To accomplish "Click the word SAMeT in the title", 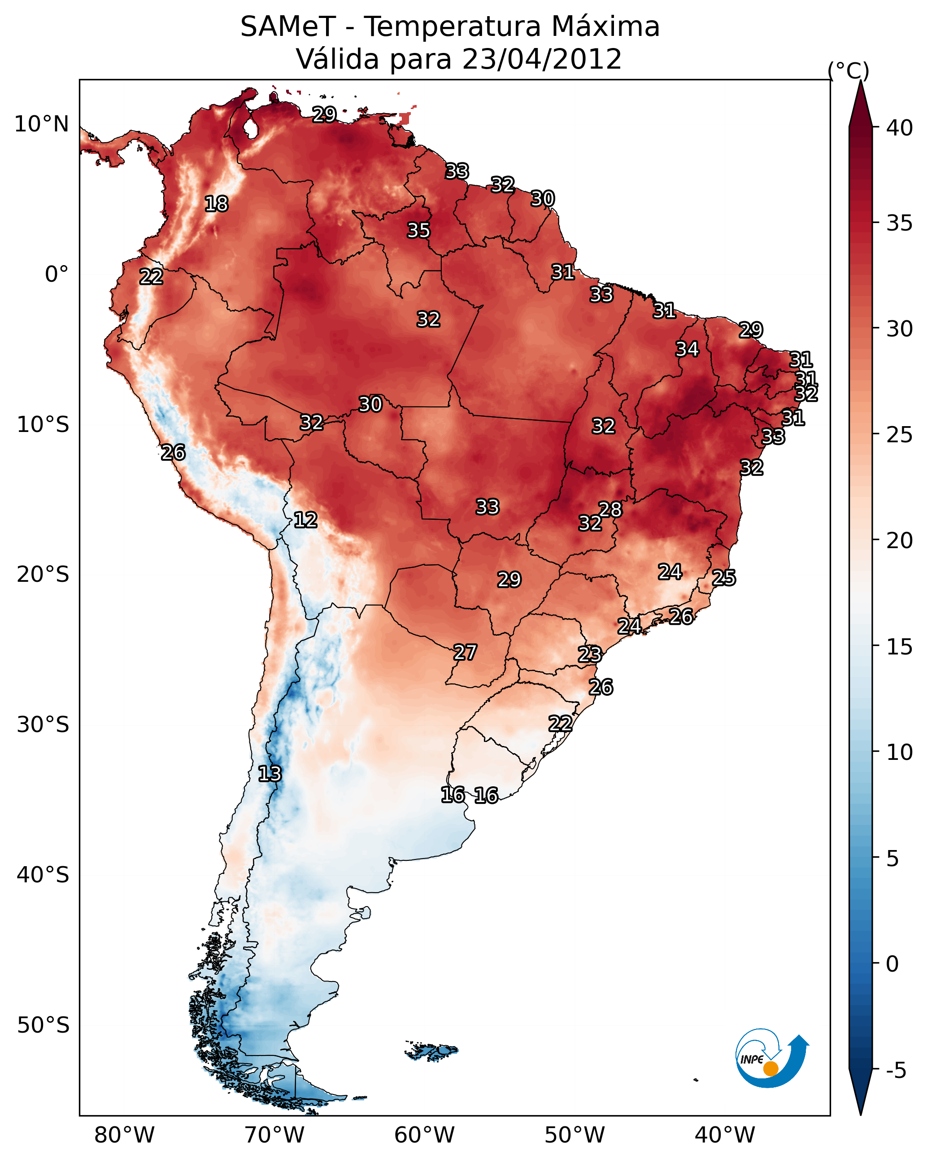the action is (288, 27).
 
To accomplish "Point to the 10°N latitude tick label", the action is (41, 124).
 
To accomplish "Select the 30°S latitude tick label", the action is (43, 725).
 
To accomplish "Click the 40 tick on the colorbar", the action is (900, 128).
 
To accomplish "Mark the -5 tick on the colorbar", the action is (896, 1071).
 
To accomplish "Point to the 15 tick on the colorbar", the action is (900, 647).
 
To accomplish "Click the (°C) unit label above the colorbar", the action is (849, 70).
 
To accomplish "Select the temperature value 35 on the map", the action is (418, 230).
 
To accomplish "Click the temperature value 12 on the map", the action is (305, 520).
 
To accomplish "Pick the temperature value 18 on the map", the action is (216, 204).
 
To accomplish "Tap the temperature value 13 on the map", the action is (270, 774).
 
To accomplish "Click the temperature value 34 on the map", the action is (687, 349).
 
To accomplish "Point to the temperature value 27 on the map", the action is (465, 653).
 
